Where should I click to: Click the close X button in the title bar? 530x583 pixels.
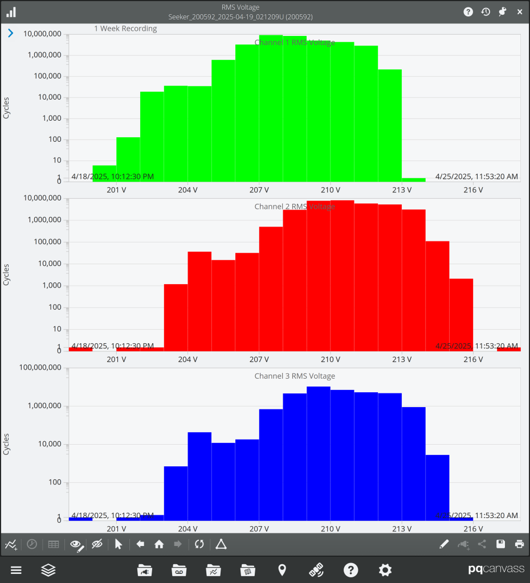pyautogui.click(x=519, y=12)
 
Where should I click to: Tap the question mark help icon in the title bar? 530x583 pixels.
pyautogui.click(x=468, y=12)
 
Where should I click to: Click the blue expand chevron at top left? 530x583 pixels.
pyautogui.click(x=10, y=34)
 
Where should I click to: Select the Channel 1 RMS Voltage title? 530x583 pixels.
pyautogui.click(x=294, y=43)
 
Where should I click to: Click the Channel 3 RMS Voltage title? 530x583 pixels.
pyautogui.click(x=294, y=376)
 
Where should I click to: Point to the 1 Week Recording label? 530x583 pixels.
pyautogui.click(x=125, y=28)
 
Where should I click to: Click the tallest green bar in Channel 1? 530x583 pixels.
pyautogui.click(x=271, y=108)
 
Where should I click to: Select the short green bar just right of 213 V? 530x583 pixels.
pyautogui.click(x=413, y=179)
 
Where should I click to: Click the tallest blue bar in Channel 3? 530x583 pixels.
pyautogui.click(x=318, y=453)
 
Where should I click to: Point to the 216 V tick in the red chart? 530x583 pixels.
pyautogui.click(x=473, y=360)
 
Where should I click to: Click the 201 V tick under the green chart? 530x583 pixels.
pyautogui.click(x=116, y=190)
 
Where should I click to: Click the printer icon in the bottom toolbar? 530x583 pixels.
pyautogui.click(x=519, y=544)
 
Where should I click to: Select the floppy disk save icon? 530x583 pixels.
pyautogui.click(x=500, y=544)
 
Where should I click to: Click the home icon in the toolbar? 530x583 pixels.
pyautogui.click(x=159, y=544)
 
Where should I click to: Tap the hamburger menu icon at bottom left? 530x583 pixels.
pyautogui.click(x=16, y=570)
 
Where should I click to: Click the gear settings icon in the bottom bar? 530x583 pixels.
pyautogui.click(x=385, y=570)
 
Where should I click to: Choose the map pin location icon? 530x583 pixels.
pyautogui.click(x=282, y=570)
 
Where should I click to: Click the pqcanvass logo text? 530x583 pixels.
pyautogui.click(x=492, y=570)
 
